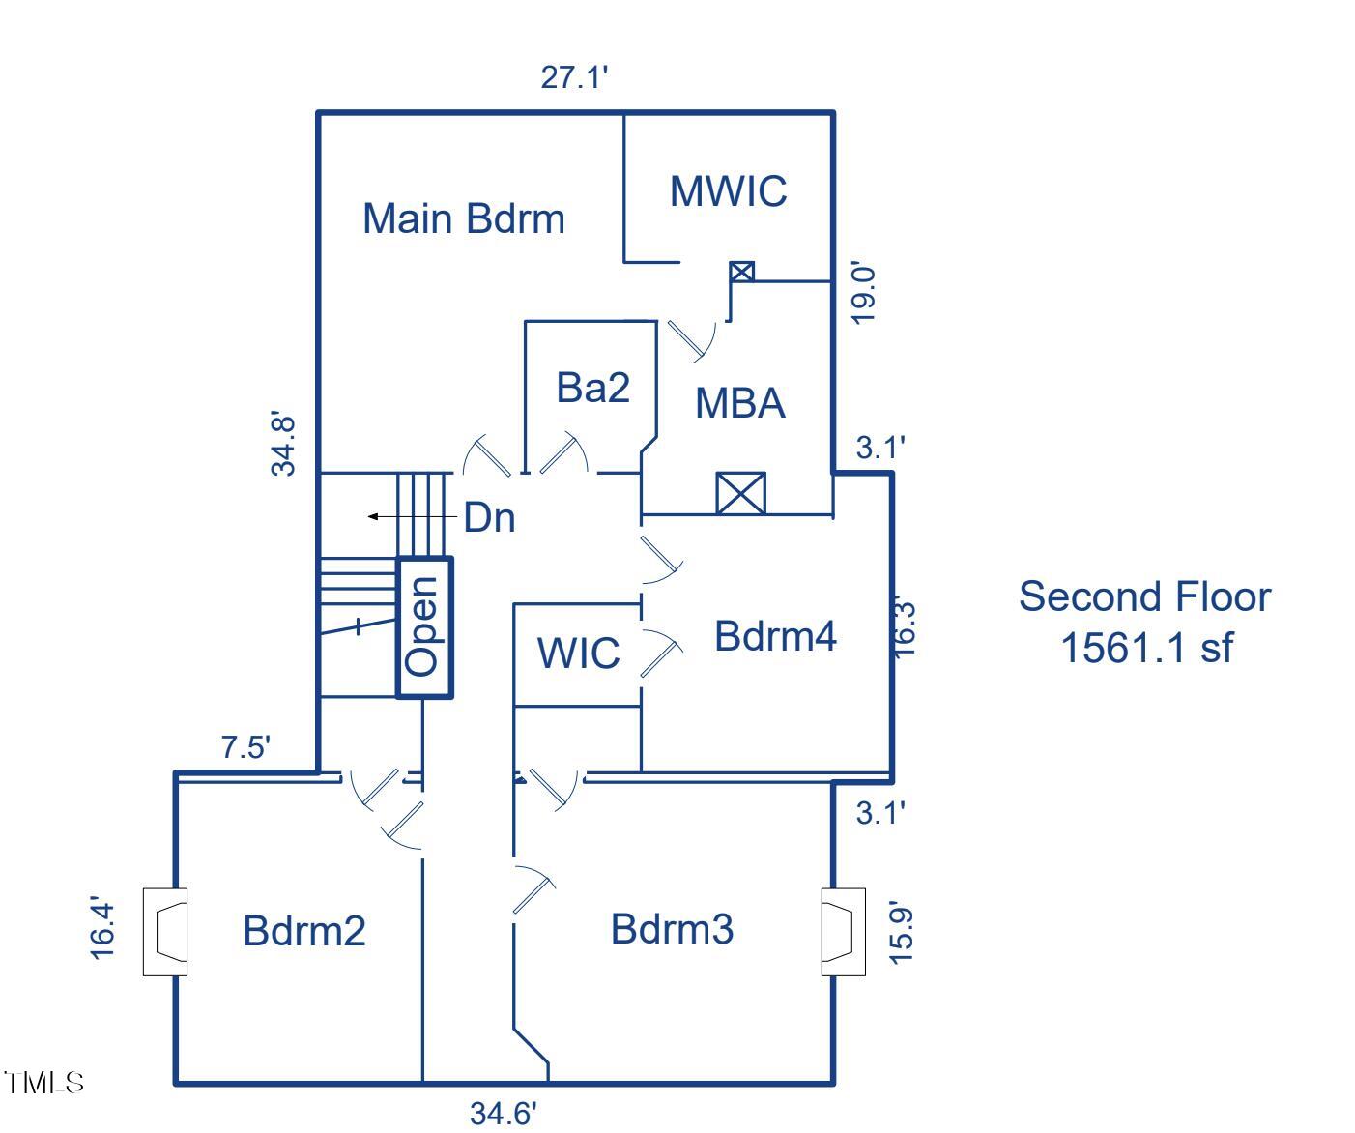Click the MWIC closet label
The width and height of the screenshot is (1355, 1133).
(729, 190)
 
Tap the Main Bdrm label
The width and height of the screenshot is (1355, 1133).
(463, 218)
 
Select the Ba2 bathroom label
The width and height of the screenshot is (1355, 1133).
(592, 388)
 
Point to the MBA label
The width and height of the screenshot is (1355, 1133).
(740, 403)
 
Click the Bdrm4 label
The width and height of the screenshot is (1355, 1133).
(775, 636)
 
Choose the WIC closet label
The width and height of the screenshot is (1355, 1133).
(578, 653)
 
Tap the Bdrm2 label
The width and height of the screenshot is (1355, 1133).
(304, 931)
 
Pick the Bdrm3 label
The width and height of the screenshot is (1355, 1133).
(672, 929)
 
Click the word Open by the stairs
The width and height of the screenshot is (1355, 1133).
(424, 625)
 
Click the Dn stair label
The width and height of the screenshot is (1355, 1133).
(489, 518)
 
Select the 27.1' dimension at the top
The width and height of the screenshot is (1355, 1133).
(574, 77)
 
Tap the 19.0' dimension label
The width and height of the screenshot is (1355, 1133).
(864, 291)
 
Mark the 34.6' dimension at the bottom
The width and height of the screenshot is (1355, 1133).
(503, 1114)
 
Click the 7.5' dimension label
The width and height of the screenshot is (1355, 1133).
(245, 747)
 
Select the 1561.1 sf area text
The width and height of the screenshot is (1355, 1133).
(1146, 647)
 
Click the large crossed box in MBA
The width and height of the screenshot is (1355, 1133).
(740, 493)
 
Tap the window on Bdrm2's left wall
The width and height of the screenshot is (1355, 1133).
(164, 932)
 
